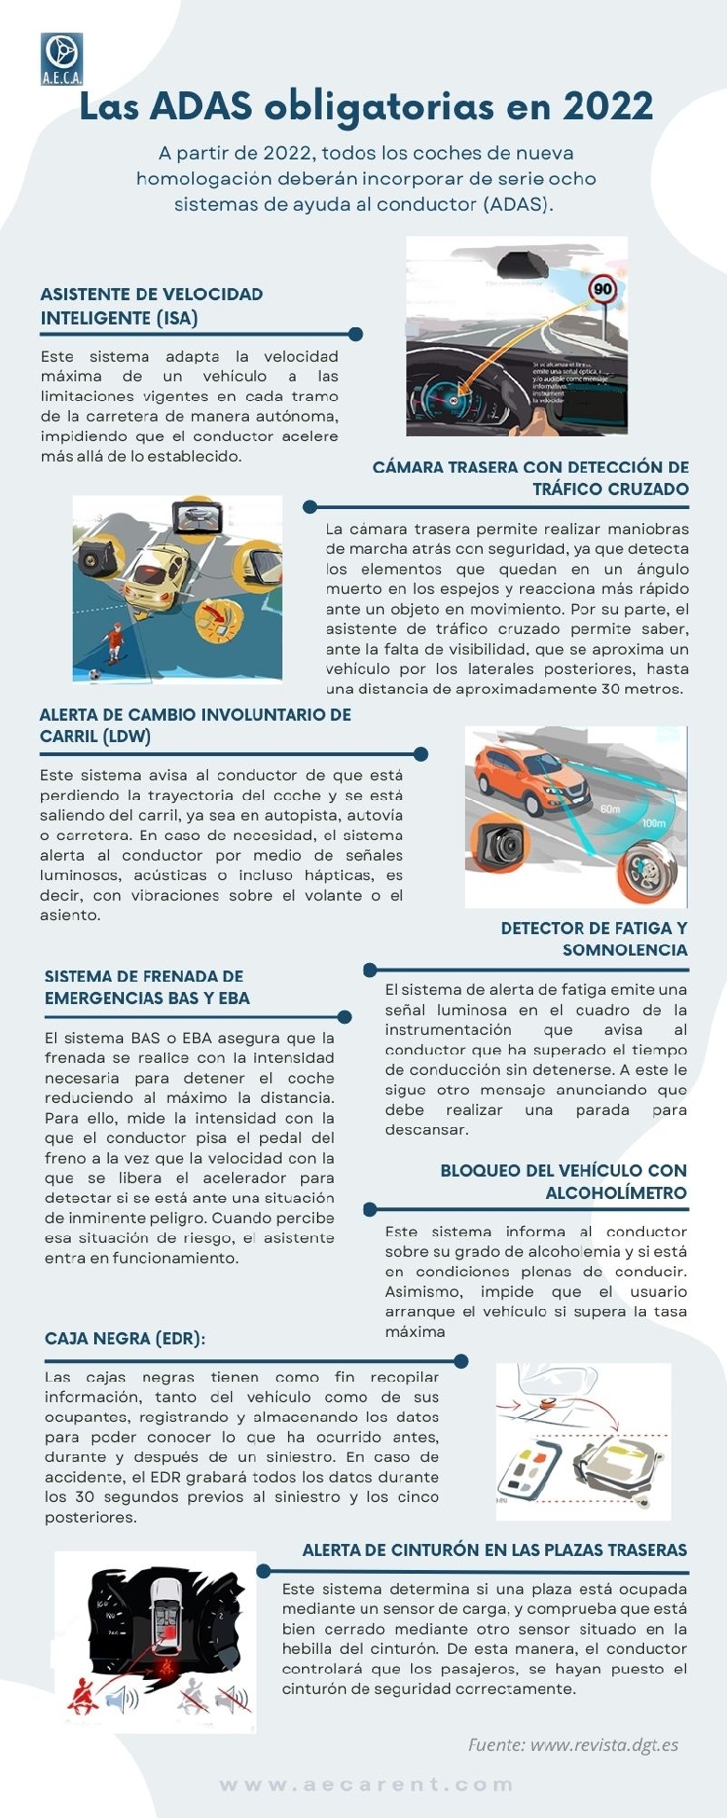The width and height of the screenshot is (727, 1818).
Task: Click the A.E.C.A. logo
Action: (62, 59)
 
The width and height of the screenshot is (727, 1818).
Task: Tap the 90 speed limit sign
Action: (603, 289)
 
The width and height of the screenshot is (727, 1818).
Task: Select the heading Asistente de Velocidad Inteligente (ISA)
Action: (152, 306)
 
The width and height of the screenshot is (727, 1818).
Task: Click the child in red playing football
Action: (113, 642)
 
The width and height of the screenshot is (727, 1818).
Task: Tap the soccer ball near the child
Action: (93, 673)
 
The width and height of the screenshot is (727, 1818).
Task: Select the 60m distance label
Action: (610, 808)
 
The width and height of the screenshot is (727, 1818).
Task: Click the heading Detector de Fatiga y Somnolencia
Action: (594, 939)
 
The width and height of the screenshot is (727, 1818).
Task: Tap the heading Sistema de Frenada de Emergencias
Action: (147, 987)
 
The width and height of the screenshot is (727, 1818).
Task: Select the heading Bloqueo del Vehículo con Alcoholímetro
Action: (563, 1181)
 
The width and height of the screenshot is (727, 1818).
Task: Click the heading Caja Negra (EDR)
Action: (125, 1338)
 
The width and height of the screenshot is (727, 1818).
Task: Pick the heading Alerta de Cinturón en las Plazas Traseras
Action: (494, 1549)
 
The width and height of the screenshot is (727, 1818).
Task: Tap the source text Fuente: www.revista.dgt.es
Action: (572, 1744)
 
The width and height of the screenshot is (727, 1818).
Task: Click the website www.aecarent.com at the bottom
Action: (366, 1784)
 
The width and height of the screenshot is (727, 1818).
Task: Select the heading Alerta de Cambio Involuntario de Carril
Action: (195, 725)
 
